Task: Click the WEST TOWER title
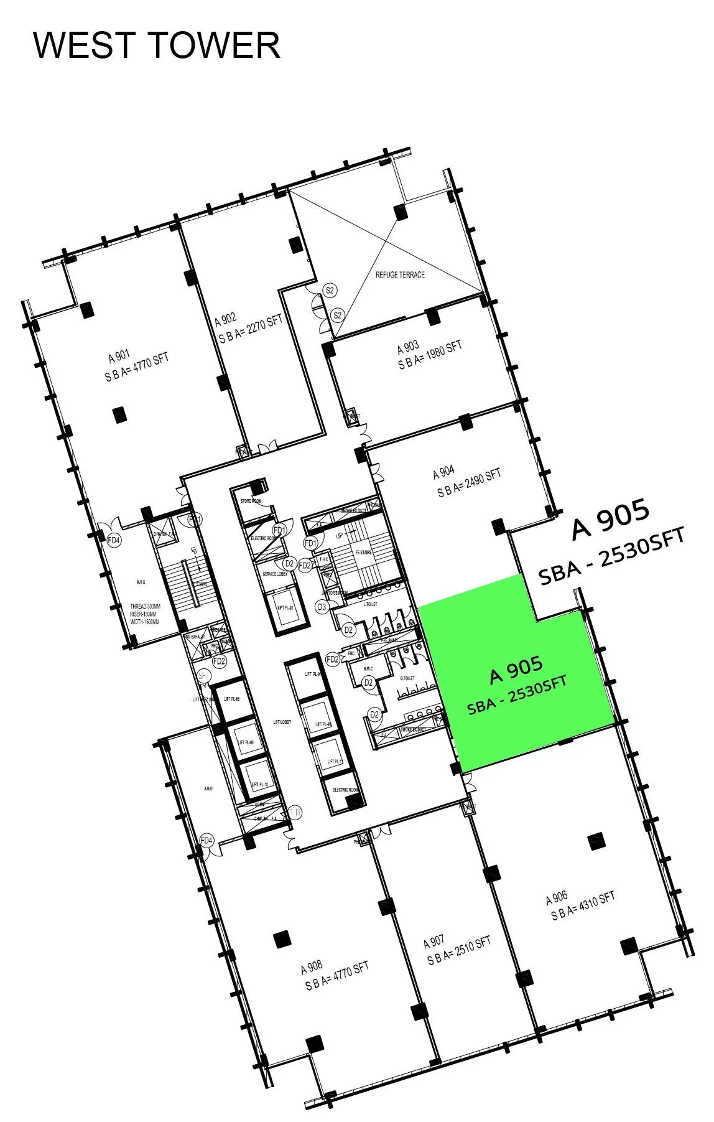pos(156,45)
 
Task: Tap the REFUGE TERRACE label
pos(400,274)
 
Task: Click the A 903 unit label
pos(408,348)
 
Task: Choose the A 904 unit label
pos(443,473)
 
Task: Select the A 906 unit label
pos(557,898)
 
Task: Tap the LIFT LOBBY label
pos(282,722)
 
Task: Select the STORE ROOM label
pos(251,500)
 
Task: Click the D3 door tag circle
pos(322,607)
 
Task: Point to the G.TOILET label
pos(407,678)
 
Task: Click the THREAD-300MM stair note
pos(144,606)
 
